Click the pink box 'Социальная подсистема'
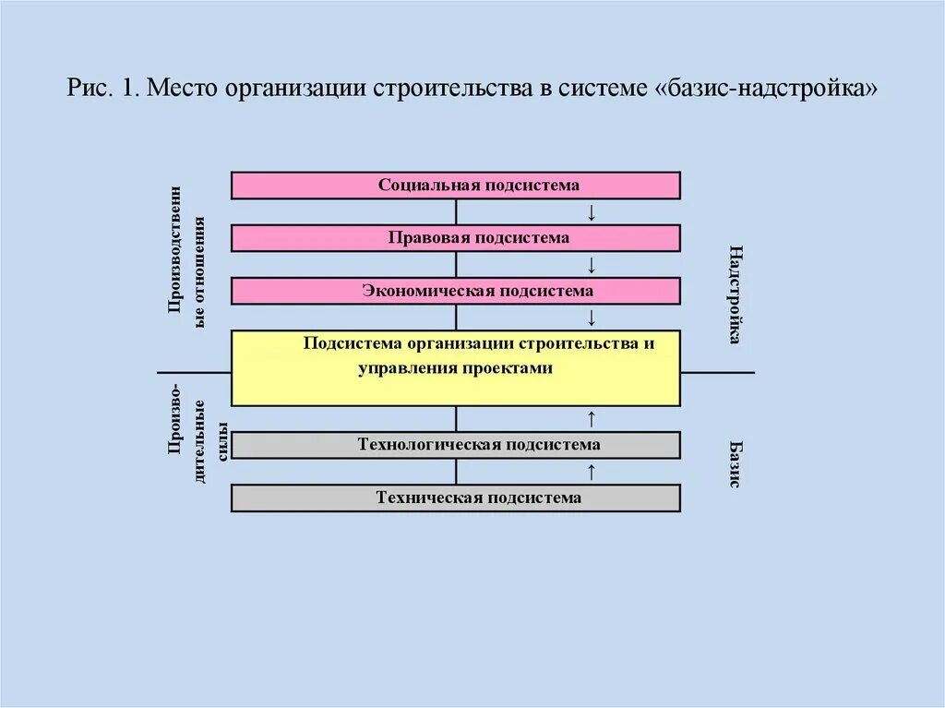(x=455, y=185)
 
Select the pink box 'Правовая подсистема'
(x=455, y=238)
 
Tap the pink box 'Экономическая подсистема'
(x=455, y=291)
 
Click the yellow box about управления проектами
(x=455, y=367)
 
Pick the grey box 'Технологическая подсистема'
(x=455, y=445)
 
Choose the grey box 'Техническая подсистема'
(x=455, y=498)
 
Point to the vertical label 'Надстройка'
(x=735, y=294)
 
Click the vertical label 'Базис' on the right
(x=735, y=462)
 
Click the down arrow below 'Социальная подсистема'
(x=592, y=212)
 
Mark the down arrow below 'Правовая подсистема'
(x=592, y=266)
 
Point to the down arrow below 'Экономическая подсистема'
(x=592, y=318)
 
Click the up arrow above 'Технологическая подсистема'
(x=592, y=418)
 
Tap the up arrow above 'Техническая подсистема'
(x=592, y=472)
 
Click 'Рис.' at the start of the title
(x=89, y=90)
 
